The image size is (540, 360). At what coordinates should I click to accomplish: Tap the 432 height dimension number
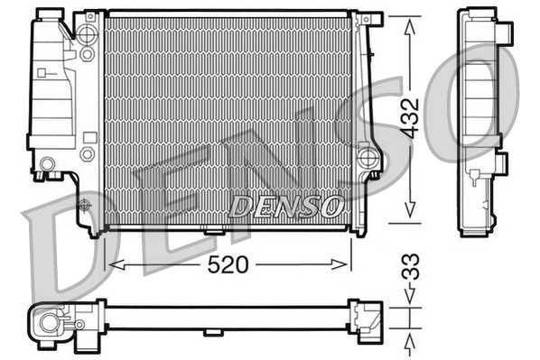(x=410, y=117)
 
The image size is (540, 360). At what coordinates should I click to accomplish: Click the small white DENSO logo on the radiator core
(x=284, y=206)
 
